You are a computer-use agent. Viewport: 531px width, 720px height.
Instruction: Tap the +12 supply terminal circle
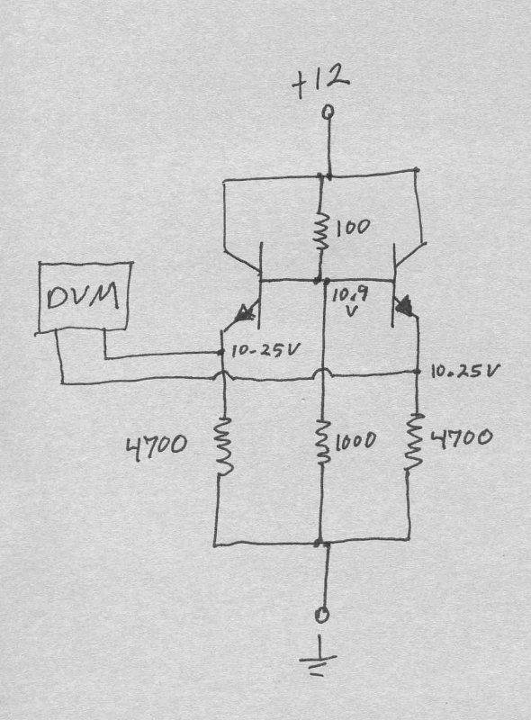point(328,112)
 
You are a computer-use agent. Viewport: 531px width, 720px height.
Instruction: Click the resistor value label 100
point(352,228)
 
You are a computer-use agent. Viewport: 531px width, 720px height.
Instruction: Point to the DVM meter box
point(84,297)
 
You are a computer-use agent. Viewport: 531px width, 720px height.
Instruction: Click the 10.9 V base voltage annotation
point(349,301)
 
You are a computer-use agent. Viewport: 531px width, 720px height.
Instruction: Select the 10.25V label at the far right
point(463,371)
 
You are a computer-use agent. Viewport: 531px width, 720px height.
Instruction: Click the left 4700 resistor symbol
point(224,445)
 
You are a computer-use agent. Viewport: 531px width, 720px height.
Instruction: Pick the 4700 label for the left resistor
point(157,445)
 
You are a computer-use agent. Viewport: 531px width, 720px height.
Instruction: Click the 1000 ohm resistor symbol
point(323,441)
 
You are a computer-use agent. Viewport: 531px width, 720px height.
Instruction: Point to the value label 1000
point(355,442)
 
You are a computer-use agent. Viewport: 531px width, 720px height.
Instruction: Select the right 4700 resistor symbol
point(414,441)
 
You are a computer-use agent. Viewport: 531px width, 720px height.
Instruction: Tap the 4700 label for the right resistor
point(461,438)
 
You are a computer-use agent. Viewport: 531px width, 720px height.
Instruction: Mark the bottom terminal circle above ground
point(323,614)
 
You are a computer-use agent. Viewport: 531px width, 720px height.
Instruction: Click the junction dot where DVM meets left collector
point(220,352)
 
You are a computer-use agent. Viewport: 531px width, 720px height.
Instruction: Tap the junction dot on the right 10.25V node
point(418,371)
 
